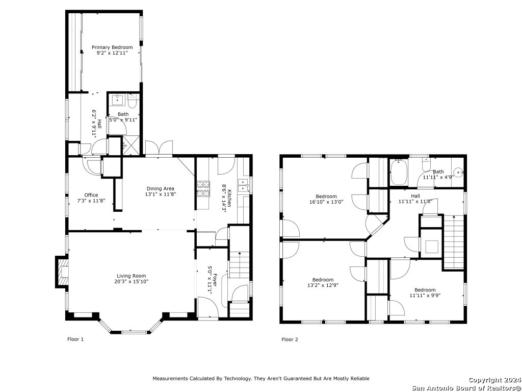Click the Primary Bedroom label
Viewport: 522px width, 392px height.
112,47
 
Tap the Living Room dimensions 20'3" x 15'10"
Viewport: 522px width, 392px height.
132,281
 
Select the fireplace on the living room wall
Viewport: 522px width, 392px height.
62,272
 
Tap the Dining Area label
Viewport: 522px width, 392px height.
160,188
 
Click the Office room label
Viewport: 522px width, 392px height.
91,195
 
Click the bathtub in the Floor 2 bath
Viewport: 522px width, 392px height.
399,172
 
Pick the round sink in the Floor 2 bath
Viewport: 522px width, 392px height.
459,172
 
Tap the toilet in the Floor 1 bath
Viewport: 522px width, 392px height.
133,101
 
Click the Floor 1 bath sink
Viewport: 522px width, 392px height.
117,100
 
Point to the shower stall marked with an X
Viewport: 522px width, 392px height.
131,145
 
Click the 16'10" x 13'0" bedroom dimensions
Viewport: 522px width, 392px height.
326,202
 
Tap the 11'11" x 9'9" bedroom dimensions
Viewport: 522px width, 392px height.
425,296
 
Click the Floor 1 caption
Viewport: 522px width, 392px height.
75,339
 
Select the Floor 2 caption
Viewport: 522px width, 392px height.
290,339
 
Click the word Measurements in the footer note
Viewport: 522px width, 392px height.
170,378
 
